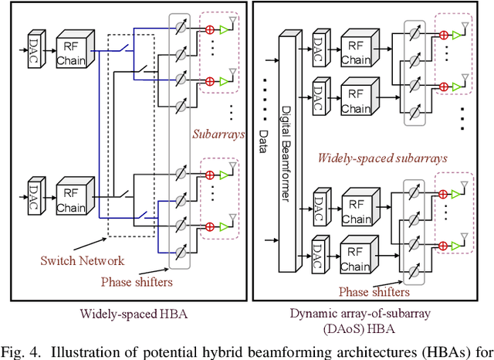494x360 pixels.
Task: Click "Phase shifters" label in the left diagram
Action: (136, 281)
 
